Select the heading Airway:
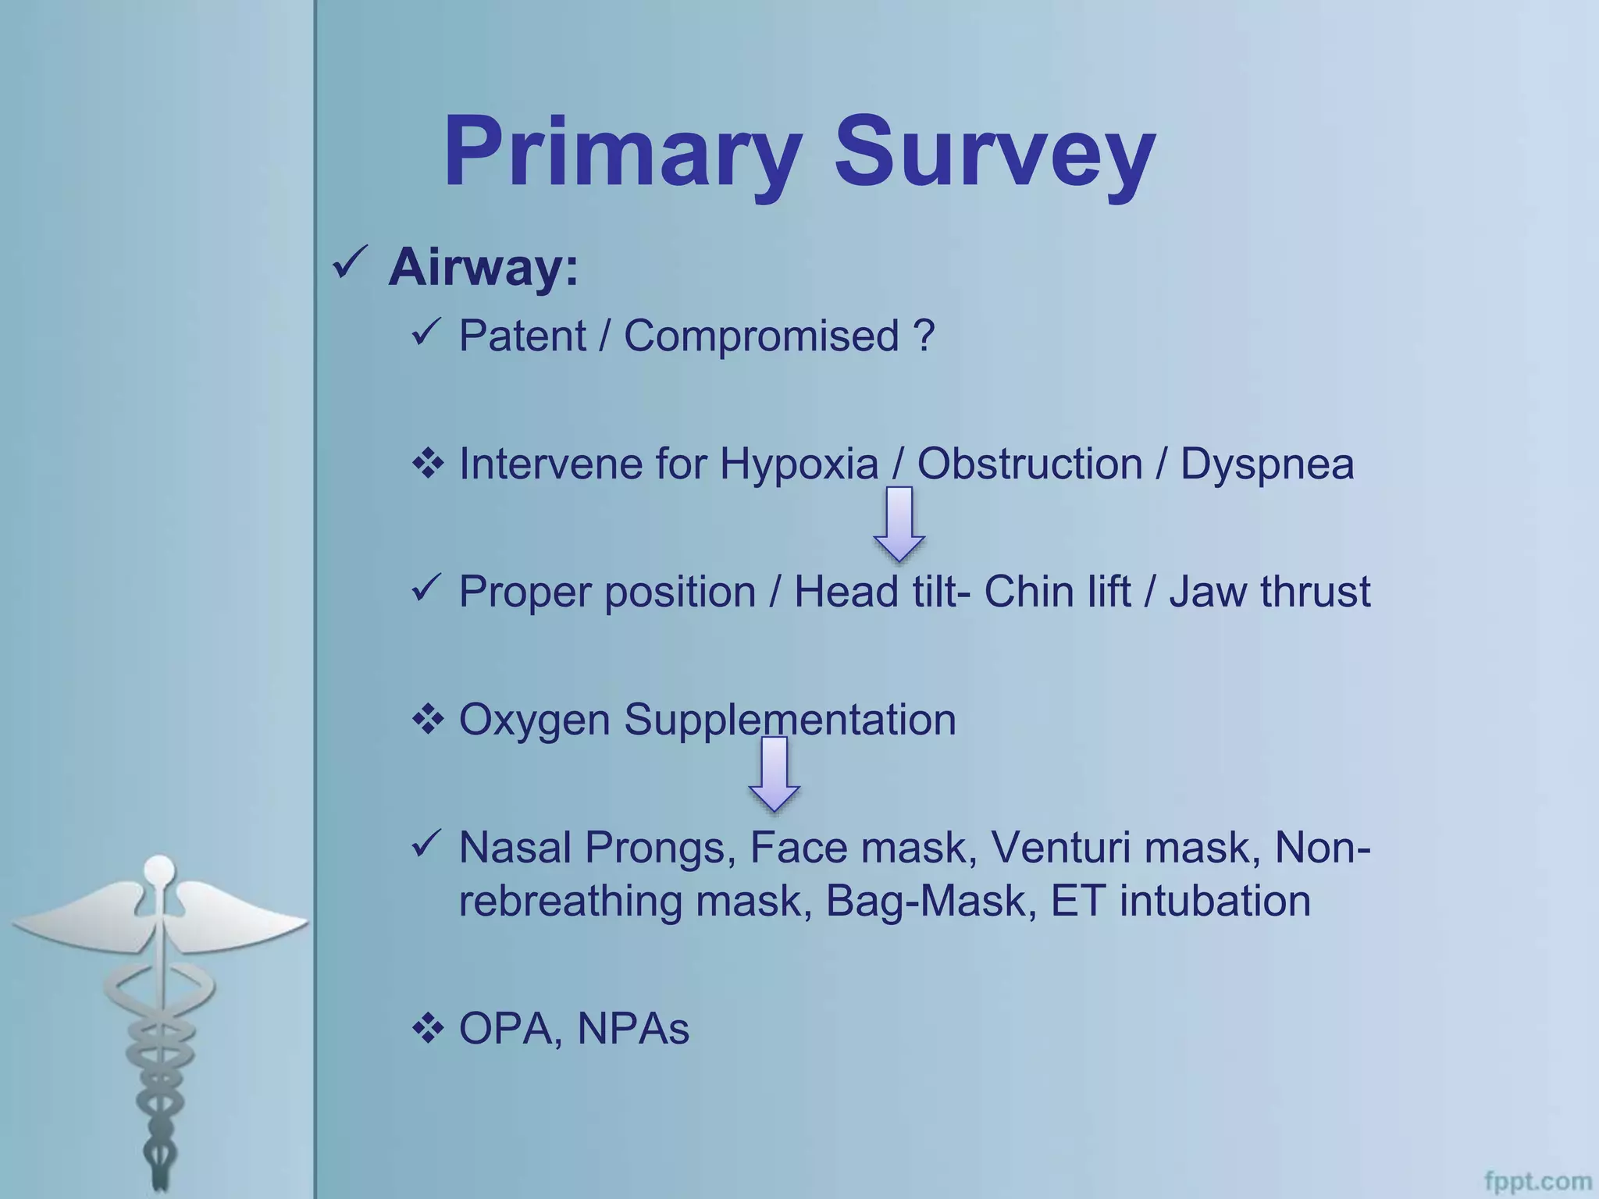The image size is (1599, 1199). [483, 268]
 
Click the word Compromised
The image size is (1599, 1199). [761, 336]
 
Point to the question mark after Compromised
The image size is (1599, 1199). [923, 336]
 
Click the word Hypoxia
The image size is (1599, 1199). [799, 464]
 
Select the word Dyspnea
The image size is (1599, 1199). [1266, 464]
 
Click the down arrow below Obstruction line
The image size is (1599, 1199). [899, 523]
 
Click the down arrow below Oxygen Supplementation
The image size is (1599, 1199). [774, 774]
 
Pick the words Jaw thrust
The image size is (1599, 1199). [1270, 592]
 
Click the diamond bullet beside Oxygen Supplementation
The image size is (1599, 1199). [428, 719]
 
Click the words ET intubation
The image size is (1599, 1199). [1180, 901]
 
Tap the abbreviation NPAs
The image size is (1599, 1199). [632, 1029]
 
